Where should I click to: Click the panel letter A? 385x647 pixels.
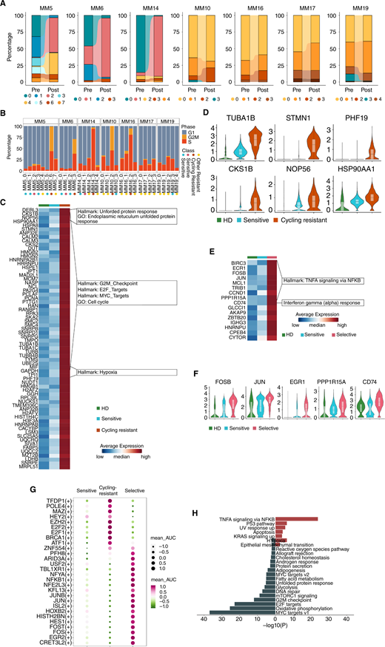pos(5,5)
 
